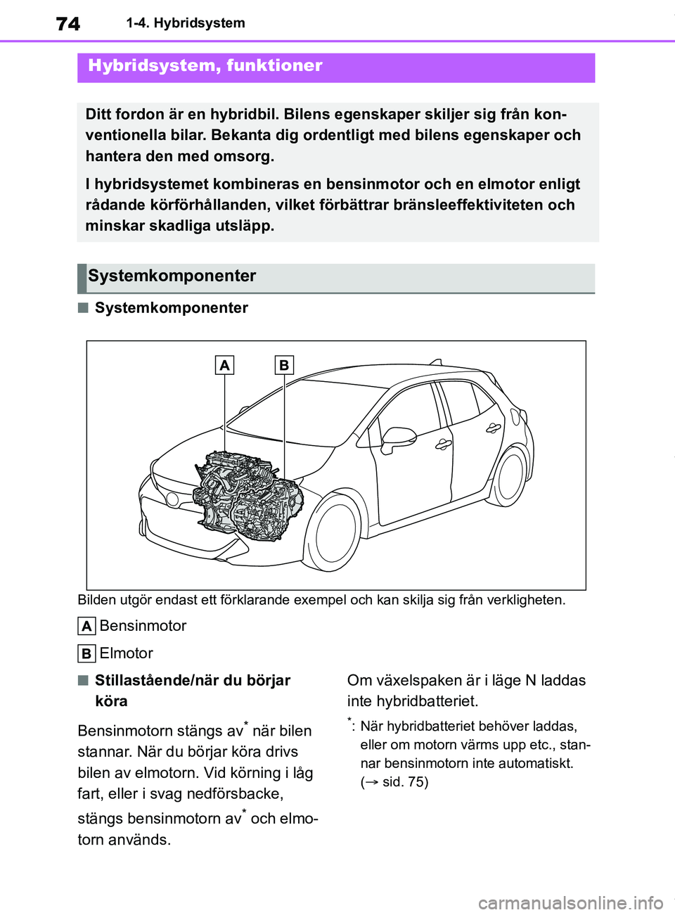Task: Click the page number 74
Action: tap(68, 24)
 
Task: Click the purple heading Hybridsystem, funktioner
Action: tap(205, 66)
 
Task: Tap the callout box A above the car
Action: tap(224, 365)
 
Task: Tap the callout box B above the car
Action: tap(284, 365)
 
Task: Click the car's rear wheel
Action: tap(510, 477)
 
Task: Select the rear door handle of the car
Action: tap(494, 427)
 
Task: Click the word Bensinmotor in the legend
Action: tap(143, 626)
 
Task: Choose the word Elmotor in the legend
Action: tap(127, 653)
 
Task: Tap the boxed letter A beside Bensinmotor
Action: tap(86, 626)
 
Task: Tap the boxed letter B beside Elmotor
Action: tap(86, 653)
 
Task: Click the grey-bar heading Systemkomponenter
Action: tap(172, 276)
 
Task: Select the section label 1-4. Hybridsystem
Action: tap(186, 23)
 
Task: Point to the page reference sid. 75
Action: tap(405, 782)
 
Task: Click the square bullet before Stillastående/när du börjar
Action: tap(83, 680)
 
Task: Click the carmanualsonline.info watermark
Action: tap(570, 902)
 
